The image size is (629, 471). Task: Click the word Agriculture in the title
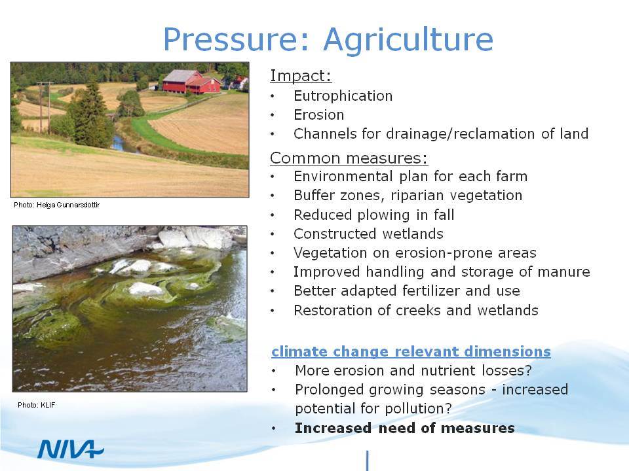coord(408,41)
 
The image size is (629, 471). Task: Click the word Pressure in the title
coord(237,39)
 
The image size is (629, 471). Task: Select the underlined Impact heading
coord(301,76)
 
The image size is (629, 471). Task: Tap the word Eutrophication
coord(343,96)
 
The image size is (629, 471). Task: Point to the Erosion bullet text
coord(319,115)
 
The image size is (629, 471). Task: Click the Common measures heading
coord(349,158)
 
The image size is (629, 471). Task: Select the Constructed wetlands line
coord(368,234)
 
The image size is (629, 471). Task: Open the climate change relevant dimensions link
coord(411,352)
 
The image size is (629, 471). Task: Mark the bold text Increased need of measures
coord(405,428)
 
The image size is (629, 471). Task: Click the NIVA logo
coord(71,449)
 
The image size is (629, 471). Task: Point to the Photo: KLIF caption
coord(37,405)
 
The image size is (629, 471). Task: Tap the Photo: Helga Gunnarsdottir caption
coord(56,205)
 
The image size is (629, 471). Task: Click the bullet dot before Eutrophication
coord(273,97)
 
